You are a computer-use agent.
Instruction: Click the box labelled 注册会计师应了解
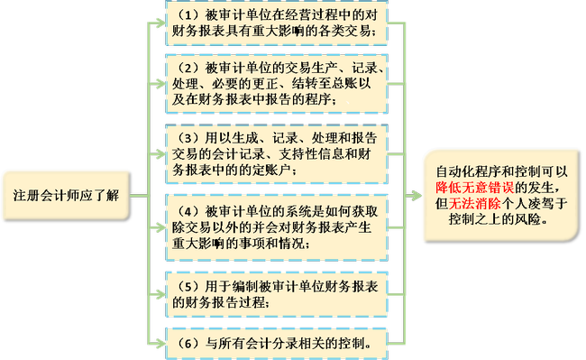65,197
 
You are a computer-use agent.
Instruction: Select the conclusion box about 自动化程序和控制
503,196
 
